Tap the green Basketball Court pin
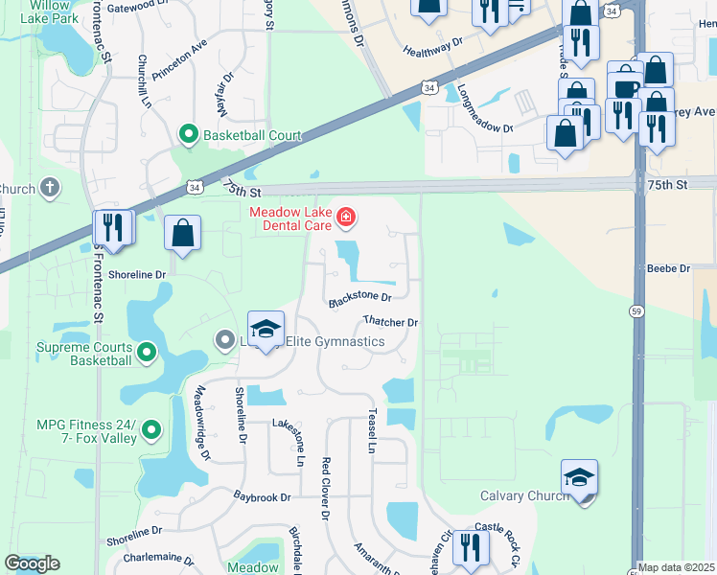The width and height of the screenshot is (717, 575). click(189, 135)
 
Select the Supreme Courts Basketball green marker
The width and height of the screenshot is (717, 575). click(147, 354)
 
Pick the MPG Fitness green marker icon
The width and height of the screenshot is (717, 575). click(151, 431)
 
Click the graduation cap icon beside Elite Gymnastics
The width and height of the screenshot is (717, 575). click(266, 330)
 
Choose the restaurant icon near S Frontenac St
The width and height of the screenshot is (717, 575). click(112, 228)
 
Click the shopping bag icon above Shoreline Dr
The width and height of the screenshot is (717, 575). click(182, 233)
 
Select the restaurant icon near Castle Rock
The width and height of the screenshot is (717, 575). click(470, 547)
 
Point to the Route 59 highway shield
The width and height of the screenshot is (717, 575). click(636, 310)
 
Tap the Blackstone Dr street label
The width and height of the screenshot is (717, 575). click(360, 300)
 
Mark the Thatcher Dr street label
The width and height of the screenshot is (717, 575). click(391, 322)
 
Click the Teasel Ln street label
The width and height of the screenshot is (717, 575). click(370, 430)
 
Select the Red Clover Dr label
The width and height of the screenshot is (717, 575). click(326, 488)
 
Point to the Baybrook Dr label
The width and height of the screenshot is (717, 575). click(262, 497)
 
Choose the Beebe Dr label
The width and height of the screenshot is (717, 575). click(669, 269)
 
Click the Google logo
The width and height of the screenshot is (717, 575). click(32, 563)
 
